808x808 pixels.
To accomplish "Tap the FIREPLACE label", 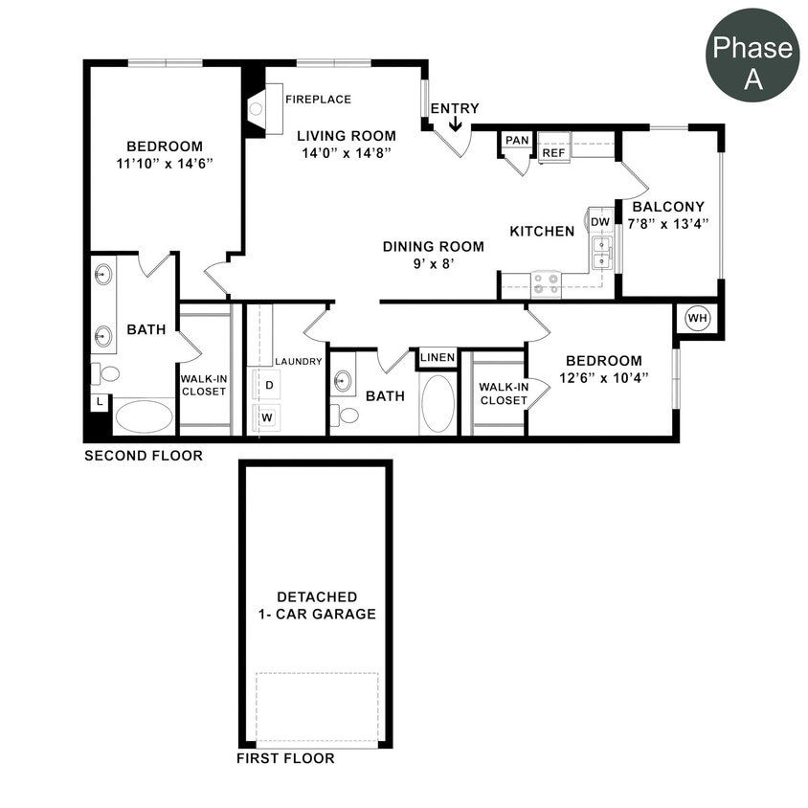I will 318,99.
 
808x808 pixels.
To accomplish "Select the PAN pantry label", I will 517,140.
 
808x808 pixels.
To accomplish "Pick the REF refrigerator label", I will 552,152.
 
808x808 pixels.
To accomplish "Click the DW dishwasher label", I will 600,222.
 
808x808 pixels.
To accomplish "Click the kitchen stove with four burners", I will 546,283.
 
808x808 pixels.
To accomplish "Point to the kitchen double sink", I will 602,253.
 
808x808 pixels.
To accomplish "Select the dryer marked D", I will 269,385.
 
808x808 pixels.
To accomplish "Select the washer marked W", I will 269,417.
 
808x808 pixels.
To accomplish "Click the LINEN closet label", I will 438,357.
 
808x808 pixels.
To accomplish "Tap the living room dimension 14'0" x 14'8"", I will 345,152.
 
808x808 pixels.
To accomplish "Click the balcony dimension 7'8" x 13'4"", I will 668,223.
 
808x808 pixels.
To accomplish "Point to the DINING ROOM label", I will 433,246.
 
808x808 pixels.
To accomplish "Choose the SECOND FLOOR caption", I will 144,456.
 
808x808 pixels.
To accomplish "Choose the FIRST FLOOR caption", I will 285,758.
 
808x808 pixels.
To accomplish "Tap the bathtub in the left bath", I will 144,416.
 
